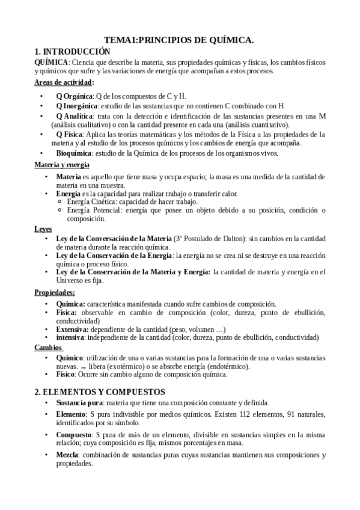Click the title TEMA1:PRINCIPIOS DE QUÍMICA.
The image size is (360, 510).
tap(179, 40)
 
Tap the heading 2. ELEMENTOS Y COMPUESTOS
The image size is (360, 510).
tap(99, 391)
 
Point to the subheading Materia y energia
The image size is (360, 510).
tap(62, 164)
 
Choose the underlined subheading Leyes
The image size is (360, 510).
tap(43, 229)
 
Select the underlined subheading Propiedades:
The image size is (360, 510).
tap(55, 292)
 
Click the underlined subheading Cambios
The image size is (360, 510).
tap(47, 347)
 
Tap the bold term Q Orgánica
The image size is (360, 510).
tap(75, 96)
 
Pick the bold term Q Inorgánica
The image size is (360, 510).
tap(78, 105)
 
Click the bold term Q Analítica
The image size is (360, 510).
tap(75, 115)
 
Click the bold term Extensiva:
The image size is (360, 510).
tap(72, 329)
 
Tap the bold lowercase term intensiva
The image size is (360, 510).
tap(70, 337)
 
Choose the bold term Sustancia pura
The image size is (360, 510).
tap(79, 402)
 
